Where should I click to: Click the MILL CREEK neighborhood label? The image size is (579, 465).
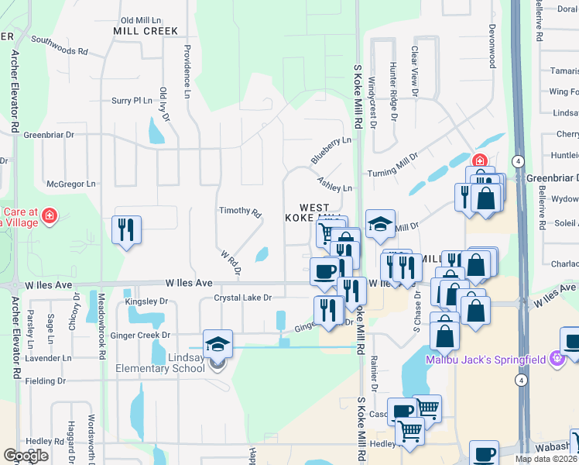pyautogui.click(x=146, y=31)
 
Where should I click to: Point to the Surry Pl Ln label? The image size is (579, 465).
pyautogui.click(x=132, y=101)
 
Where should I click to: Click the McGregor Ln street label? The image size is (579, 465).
pyautogui.click(x=71, y=184)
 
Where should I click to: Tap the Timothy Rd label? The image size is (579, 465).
pyautogui.click(x=240, y=211)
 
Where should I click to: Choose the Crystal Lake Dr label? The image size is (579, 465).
pyautogui.click(x=243, y=298)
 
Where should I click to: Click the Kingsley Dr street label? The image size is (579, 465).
pyautogui.click(x=147, y=301)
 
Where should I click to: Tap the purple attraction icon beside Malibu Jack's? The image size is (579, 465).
pyautogui.click(x=555, y=359)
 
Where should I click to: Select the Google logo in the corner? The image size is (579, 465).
pyautogui.click(x=26, y=456)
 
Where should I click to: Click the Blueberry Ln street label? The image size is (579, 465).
pyautogui.click(x=331, y=150)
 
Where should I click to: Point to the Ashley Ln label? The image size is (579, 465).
pyautogui.click(x=334, y=184)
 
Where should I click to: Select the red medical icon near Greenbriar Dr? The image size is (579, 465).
pyautogui.click(x=479, y=162)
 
